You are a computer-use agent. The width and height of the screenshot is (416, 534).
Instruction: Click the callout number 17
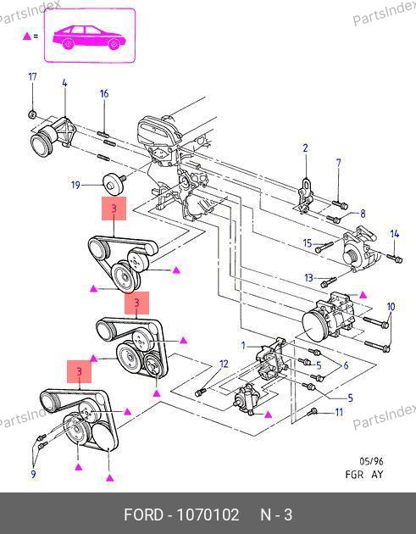32,77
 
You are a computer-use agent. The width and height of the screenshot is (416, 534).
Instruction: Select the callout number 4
64,83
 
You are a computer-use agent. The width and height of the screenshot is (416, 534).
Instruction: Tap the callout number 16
104,93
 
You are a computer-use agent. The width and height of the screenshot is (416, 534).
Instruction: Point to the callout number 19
75,186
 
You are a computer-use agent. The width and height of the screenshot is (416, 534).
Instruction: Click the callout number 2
305,148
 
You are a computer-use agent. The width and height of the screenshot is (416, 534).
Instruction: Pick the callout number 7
338,163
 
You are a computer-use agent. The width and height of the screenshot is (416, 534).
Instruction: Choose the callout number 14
395,234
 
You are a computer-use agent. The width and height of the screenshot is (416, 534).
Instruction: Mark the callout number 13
308,278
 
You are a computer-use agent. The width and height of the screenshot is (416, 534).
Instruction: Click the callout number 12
224,364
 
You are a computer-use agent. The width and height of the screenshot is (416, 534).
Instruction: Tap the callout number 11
339,413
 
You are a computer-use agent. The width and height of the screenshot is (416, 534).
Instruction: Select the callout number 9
33,474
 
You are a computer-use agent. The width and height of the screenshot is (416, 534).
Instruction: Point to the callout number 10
391,307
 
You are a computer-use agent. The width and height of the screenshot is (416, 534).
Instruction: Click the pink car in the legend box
89,37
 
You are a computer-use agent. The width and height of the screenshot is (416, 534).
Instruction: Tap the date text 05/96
371,461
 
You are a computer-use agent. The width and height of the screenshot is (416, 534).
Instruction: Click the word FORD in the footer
144,515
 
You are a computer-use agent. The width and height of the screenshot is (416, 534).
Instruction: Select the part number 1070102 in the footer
208,515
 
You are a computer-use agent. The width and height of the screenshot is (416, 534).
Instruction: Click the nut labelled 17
32,114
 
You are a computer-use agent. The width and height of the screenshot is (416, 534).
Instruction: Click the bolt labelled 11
312,412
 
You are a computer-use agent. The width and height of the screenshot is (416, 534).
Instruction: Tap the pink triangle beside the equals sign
27,36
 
